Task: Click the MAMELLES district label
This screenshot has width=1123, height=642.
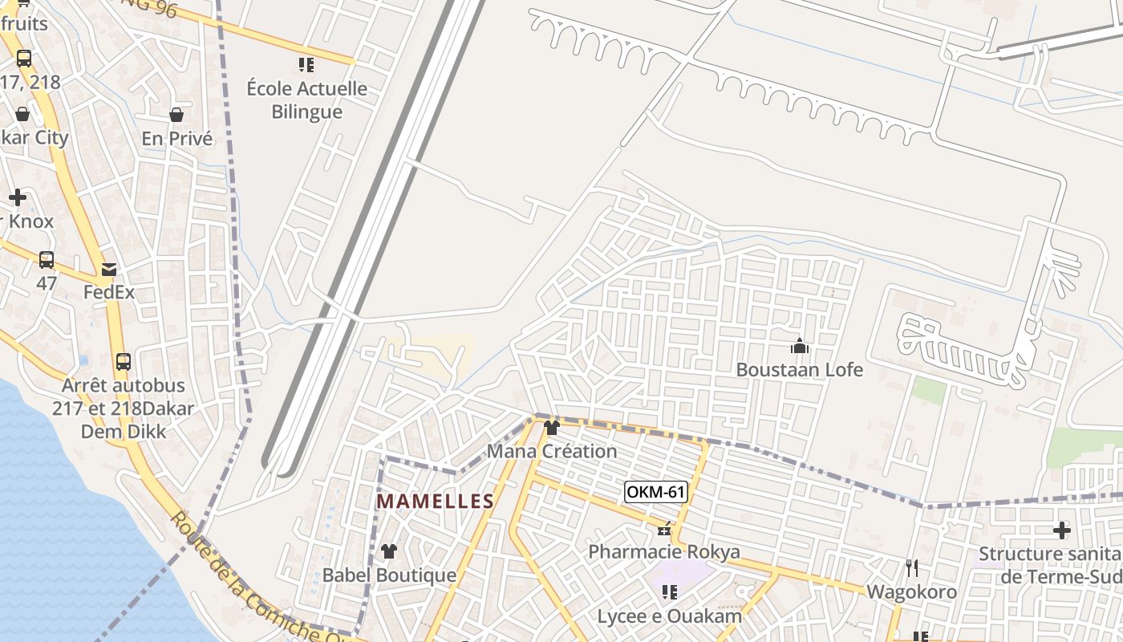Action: [435, 502]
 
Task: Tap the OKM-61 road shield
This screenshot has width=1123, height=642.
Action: [655, 491]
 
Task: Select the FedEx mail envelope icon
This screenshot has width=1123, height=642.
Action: [108, 270]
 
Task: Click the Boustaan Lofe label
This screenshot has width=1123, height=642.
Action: [799, 370]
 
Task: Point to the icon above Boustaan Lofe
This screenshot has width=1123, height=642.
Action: [799, 347]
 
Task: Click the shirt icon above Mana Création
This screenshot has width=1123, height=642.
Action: [551, 428]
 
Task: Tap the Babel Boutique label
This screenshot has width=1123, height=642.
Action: [389, 575]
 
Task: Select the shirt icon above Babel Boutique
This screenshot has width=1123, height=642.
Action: [389, 551]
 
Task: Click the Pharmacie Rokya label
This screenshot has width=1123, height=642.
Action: [664, 552]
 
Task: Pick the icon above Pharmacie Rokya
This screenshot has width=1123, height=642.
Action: [664, 529]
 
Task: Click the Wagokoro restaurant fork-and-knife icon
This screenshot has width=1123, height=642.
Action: [911, 568]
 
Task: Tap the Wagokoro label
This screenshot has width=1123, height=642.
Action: [911, 592]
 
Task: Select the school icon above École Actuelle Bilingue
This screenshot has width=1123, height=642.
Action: [306, 65]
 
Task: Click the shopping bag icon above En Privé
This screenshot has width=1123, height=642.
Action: [176, 116]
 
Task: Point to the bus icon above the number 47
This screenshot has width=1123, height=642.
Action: [47, 260]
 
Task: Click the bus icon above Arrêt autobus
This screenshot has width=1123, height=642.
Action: [123, 362]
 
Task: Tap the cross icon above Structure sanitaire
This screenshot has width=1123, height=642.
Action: [1061, 530]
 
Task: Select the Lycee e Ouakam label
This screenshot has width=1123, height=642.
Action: [669, 616]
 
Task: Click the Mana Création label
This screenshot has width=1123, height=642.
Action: [552, 451]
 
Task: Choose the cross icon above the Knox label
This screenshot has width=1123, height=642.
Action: [18, 197]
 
